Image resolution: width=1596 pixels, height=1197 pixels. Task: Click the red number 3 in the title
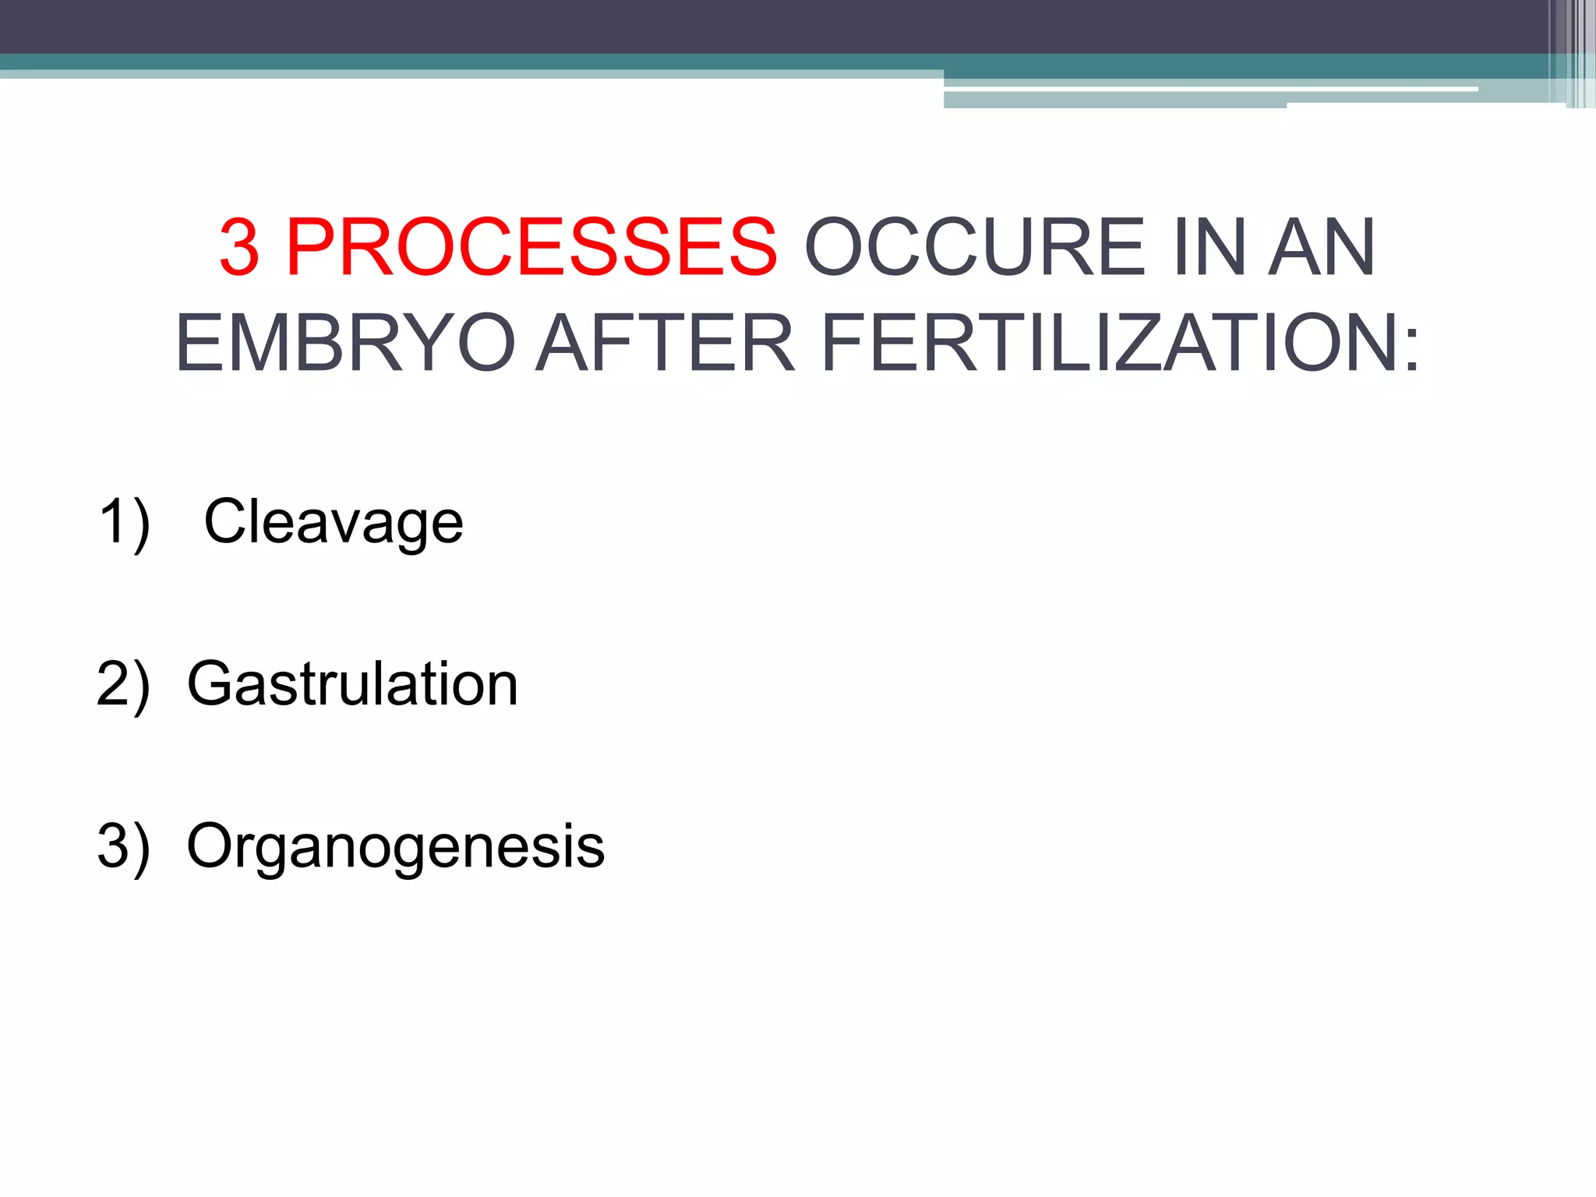pos(239,248)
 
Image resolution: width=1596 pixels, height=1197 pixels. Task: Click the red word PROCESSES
pos(531,248)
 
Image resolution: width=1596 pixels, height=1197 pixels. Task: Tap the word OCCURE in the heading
pos(974,248)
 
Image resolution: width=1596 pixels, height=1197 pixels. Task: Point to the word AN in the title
pos(1322,248)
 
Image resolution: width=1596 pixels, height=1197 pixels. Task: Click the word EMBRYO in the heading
pos(345,344)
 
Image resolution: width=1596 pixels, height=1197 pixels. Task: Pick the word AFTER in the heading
pos(666,344)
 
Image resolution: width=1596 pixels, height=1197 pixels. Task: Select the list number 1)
pos(125,523)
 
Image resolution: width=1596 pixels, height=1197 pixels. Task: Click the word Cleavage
pos(333,523)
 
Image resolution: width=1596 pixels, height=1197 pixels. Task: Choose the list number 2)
pos(123,684)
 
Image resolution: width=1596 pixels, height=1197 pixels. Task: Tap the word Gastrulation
pos(352,684)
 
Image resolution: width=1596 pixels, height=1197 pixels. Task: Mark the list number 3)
pos(123,846)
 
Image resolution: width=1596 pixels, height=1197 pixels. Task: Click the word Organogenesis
pos(395,848)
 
